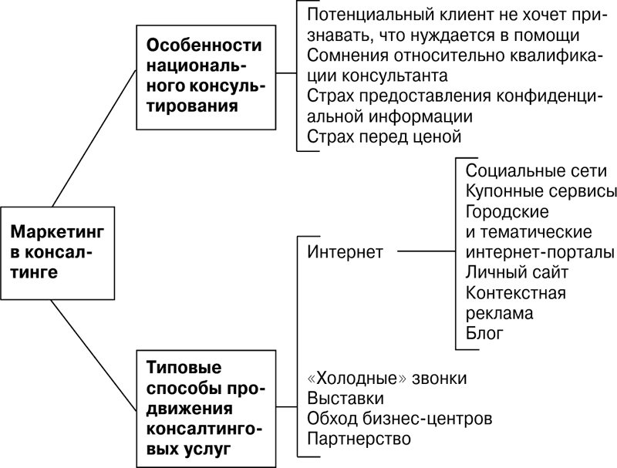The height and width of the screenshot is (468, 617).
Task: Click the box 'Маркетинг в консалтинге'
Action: [57, 253]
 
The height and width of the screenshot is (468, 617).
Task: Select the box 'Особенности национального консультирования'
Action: [206, 77]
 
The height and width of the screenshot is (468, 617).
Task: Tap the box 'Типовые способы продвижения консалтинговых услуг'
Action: [206, 409]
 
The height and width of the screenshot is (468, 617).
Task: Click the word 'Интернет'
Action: [345, 251]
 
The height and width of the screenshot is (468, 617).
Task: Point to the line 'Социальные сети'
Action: [536, 170]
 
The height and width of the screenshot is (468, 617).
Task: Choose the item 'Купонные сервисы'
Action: [541, 191]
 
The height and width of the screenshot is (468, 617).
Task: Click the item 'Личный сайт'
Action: [517, 272]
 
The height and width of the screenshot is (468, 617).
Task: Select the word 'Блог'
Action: [484, 333]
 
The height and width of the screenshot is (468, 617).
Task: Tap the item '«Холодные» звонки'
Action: [387, 379]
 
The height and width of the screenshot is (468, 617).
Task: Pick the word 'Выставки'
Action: [346, 399]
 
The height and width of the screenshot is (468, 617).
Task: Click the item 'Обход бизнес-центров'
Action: [400, 419]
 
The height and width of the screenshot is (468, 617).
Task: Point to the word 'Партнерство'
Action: [359, 439]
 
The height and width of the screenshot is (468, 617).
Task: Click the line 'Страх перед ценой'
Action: [384, 137]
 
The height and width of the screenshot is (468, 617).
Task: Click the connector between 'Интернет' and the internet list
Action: [427, 251]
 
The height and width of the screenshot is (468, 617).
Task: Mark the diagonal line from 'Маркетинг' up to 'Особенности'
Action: [94, 139]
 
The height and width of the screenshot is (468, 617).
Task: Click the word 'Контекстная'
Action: [516, 293]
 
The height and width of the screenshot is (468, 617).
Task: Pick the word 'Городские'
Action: [507, 211]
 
